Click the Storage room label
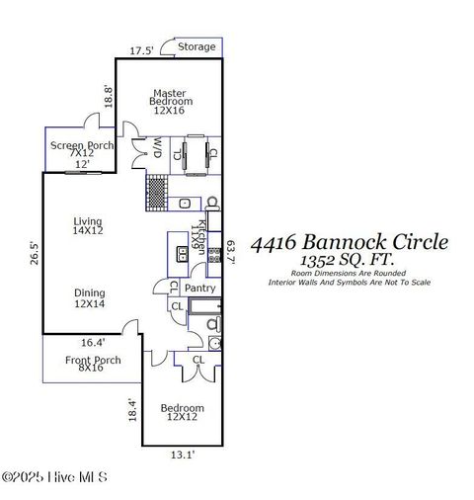point(197,46)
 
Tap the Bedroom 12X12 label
point(182,413)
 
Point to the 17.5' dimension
point(142,49)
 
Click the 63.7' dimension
point(230,252)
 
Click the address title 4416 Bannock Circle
point(349,242)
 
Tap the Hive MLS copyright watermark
point(54,477)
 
